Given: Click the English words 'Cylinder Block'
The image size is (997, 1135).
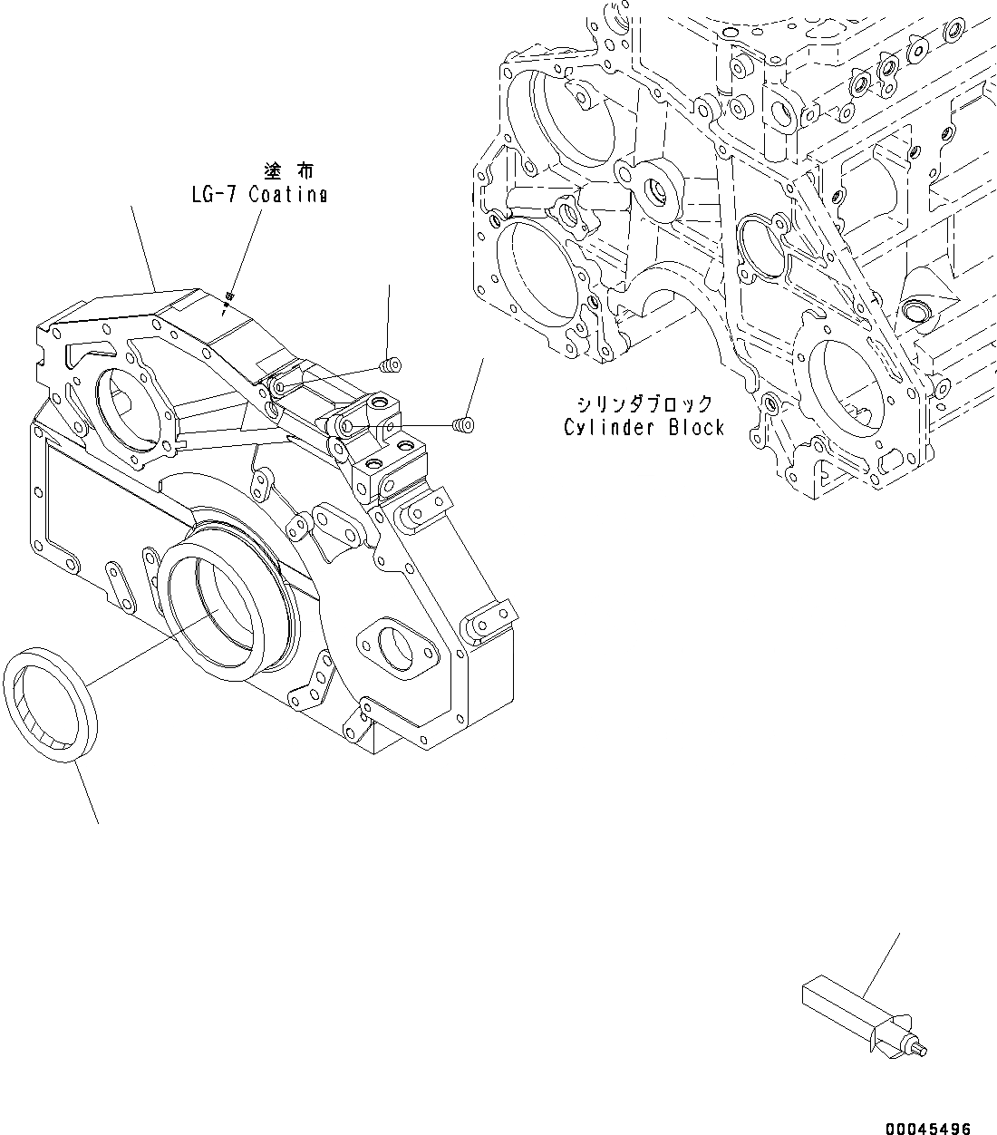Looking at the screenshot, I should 644,427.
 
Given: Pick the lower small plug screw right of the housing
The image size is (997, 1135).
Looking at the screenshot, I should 463,423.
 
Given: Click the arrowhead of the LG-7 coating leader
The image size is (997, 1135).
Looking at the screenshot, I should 229,296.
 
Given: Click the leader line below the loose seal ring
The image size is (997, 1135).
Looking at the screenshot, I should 85,794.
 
